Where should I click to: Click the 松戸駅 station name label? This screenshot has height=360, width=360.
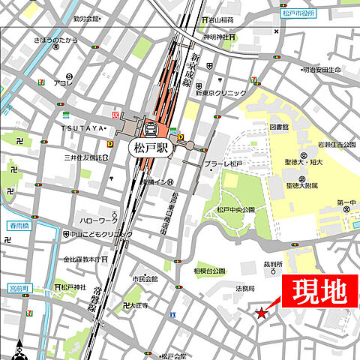151,148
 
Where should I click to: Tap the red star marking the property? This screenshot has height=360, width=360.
261,313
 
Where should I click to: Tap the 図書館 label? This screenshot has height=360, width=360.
279,127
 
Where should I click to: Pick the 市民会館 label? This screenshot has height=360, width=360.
146,279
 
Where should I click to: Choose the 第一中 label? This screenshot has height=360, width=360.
346,203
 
